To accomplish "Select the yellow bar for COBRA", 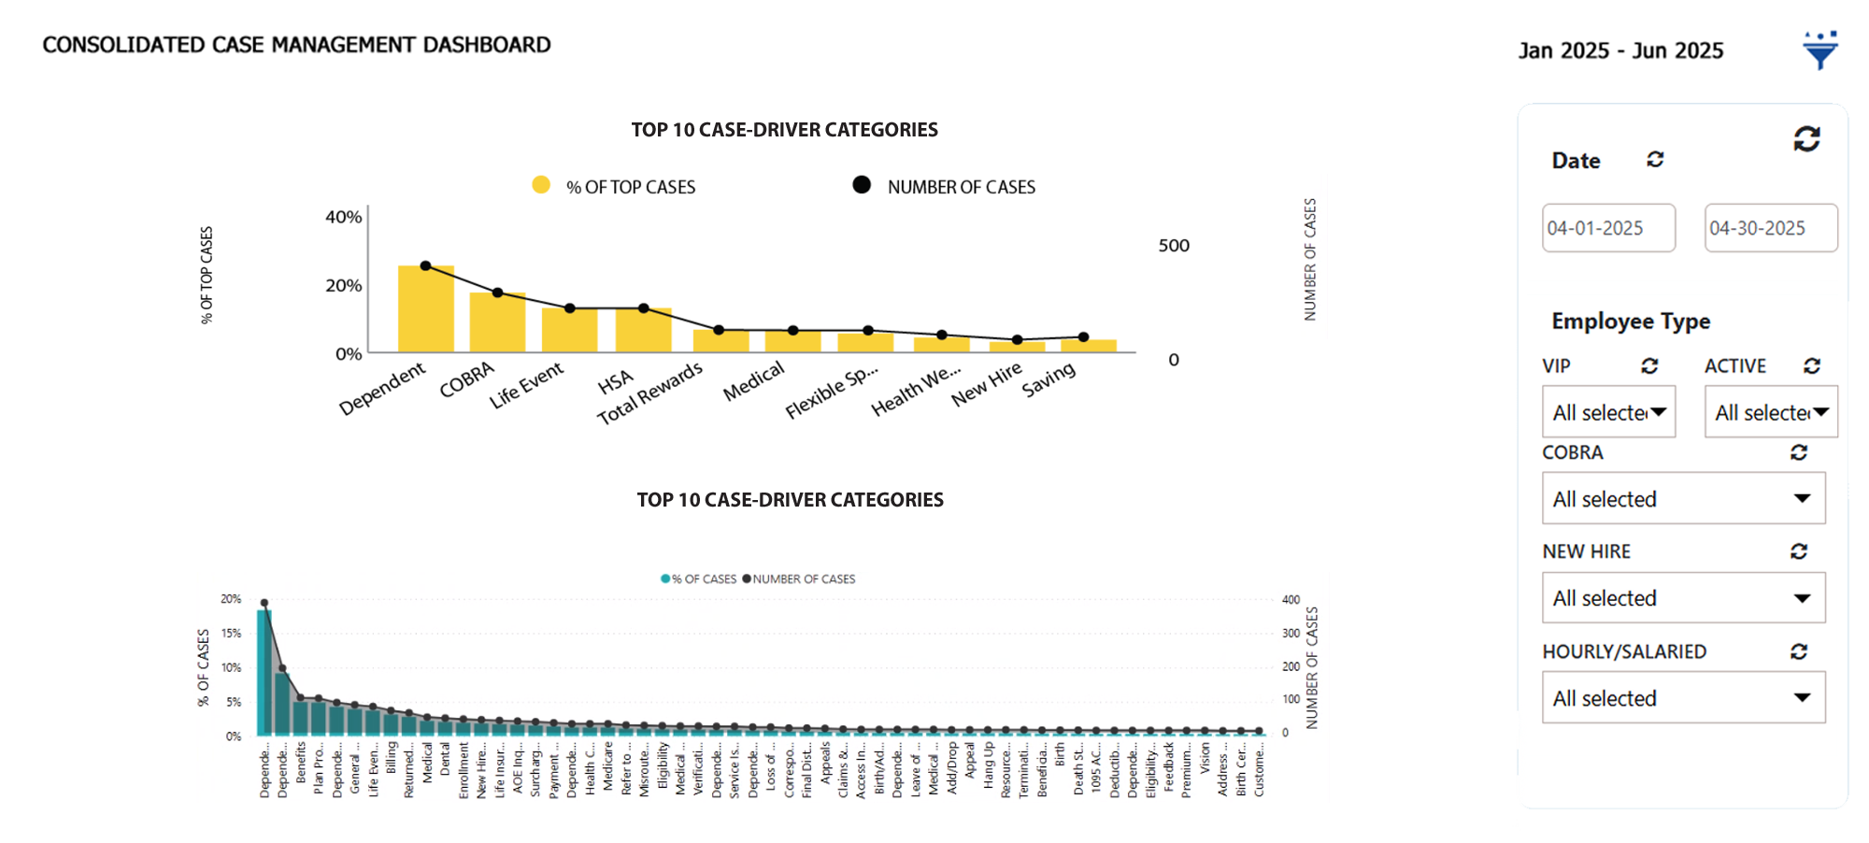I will tap(497, 323).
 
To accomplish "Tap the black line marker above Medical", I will tap(792, 330).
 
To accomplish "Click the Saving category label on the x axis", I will tap(1049, 379).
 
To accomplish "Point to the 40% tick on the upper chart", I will tap(343, 217).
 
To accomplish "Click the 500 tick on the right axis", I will tap(1174, 246).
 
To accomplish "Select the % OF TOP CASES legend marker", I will tap(541, 185).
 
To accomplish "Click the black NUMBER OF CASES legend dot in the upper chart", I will tap(862, 185).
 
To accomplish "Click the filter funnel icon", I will tap(1819, 50).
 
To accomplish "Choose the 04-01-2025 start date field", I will tap(1607, 228).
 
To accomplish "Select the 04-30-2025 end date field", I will tap(1770, 228).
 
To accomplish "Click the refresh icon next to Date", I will tap(1655, 160).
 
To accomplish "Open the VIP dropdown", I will tap(1608, 412).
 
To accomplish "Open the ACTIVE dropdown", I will tap(1770, 412).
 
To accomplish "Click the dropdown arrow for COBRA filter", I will tap(1802, 499).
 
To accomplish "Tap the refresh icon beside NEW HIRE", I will tap(1799, 551).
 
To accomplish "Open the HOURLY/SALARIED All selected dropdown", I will tap(1682, 698).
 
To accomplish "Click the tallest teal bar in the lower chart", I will tap(264, 673).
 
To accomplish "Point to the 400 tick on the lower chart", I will tap(1291, 600).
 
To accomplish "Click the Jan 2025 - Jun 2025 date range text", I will tap(1620, 50).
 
